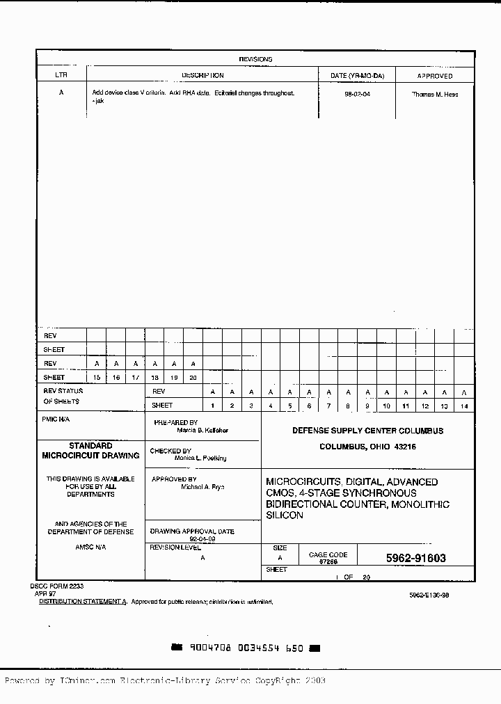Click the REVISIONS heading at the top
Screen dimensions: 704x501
click(255, 60)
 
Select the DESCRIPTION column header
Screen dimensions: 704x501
click(202, 75)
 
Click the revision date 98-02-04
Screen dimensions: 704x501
click(357, 94)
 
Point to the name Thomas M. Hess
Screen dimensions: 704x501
click(435, 94)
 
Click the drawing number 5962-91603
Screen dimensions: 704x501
click(415, 558)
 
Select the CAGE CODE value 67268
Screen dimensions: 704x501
click(328, 561)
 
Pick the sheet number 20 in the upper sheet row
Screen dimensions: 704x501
click(193, 377)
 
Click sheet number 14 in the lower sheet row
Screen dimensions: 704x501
click(464, 406)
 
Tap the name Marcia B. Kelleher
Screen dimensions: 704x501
click(202, 431)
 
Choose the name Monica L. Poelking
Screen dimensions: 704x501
click(200, 458)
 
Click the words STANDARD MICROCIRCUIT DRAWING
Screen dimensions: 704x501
click(90, 451)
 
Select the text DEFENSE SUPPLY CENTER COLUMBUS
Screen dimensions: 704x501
click(367, 431)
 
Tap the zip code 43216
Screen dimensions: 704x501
click(403, 447)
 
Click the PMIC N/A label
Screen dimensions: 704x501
click(56, 419)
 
